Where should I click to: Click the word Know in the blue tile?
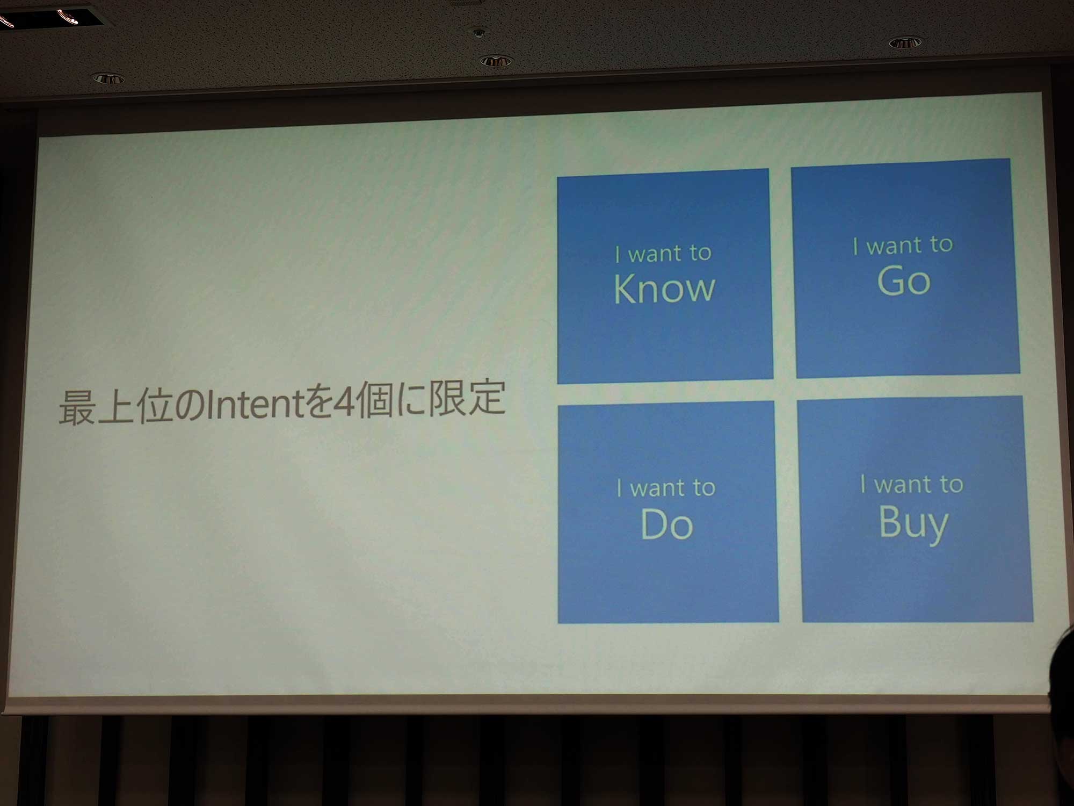coord(664,289)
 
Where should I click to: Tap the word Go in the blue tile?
coord(904,280)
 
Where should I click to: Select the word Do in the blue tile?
coord(667,524)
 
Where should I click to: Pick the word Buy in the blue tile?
coord(914,523)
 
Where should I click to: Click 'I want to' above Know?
coord(664,253)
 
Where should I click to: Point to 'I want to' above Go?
coord(903,245)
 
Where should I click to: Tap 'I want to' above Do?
coord(666,488)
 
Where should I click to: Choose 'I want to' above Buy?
coord(912,484)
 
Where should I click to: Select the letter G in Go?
coord(891,280)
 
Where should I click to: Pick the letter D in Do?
coord(654,524)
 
